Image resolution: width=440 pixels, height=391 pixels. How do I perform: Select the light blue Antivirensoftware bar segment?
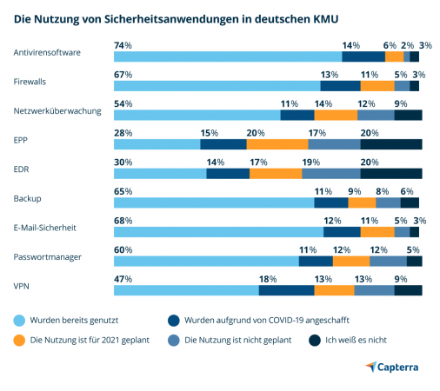tap(228, 56)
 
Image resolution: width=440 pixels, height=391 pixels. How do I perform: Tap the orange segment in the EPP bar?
tap(277, 144)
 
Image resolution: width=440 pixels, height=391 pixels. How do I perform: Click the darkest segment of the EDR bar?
tap(391, 174)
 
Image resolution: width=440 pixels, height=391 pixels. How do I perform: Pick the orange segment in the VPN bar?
tap(334, 290)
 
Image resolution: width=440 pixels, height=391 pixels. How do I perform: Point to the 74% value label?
tap(123, 45)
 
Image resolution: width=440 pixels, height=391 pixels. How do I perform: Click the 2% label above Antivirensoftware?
tap(407, 45)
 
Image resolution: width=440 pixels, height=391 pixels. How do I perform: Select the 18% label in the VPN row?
tap(268, 279)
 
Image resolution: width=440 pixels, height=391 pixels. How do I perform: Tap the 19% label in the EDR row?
tap(311, 162)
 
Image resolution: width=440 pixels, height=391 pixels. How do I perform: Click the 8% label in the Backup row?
tap(383, 191)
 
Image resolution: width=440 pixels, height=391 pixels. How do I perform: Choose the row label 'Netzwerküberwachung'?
tap(57, 111)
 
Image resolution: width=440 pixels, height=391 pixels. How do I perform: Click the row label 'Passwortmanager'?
tap(48, 257)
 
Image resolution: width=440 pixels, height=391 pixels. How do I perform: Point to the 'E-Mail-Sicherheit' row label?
tap(45, 228)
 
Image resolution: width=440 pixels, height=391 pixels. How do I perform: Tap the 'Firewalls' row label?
tap(30, 82)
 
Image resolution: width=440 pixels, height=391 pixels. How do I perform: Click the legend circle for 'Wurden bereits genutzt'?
tap(19, 321)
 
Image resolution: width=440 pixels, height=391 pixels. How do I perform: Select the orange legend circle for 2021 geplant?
tap(19, 341)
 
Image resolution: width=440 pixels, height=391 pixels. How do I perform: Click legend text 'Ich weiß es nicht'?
tap(356, 340)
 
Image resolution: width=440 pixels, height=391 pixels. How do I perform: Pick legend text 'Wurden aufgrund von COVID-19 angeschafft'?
tap(267, 321)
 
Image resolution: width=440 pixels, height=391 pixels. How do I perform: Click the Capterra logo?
tap(392, 367)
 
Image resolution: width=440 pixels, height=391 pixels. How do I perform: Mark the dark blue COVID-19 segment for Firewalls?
tap(341, 86)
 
